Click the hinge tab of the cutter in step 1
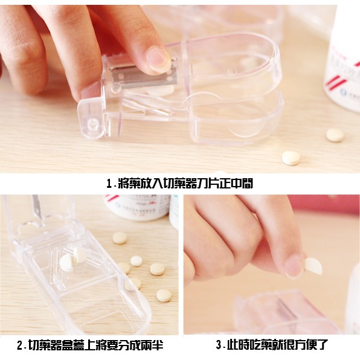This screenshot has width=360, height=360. [x=92, y=118]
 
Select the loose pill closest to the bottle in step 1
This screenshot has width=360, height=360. [x=335, y=135]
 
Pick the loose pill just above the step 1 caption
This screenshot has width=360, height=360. [x=291, y=158]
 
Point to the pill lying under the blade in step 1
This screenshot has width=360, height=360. [x=161, y=90]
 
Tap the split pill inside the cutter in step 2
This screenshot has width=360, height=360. [x=73, y=259]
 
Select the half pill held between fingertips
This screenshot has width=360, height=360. [x=313, y=266]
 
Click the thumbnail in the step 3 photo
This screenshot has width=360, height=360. [x=294, y=266]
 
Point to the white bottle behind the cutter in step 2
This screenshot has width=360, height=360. [x=138, y=207]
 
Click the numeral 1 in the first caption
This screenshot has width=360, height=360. [x=109, y=184]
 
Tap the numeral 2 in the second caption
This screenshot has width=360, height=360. [x=20, y=346]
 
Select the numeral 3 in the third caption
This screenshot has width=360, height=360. [x=219, y=345]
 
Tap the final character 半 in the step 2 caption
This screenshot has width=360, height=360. [x=158, y=345]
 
